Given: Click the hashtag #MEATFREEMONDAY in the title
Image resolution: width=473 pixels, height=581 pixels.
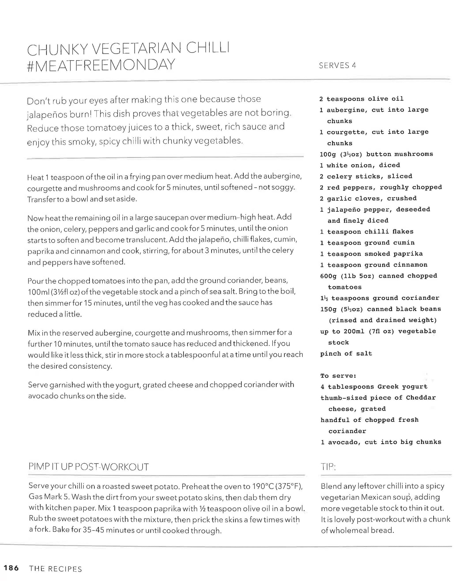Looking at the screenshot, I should coord(101,65).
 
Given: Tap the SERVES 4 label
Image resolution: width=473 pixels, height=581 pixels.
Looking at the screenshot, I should coord(337,66).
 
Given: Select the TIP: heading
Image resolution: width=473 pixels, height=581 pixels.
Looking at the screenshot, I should coord(328,467).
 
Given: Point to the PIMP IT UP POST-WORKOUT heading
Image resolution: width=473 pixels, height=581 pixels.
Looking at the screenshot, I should coord(89,467).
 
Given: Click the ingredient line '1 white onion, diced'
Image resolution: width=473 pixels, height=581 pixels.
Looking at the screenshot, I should coord(360,165).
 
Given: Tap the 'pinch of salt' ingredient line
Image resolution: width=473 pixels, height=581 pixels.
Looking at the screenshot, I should coord(346,354).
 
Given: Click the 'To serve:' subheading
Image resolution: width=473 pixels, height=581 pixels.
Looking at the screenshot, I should coord(338,376).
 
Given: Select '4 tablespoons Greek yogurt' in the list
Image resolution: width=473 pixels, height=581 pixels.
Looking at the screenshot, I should coord(374,387).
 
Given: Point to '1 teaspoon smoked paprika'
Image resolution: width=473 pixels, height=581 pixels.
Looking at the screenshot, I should coord(371,254).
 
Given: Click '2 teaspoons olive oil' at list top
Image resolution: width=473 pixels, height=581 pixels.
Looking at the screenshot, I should coord(361,99).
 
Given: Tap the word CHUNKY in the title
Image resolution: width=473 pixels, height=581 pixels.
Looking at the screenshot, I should coord(57,49).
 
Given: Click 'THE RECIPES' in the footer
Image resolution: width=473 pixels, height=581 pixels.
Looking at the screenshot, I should coord(55,569).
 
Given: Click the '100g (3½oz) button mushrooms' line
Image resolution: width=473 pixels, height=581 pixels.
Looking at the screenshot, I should coord(376,154).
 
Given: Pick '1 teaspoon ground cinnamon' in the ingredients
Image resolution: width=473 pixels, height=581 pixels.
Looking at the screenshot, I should coord(374,265).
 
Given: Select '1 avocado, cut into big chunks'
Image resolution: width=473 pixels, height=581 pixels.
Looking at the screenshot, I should coord(381,442).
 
